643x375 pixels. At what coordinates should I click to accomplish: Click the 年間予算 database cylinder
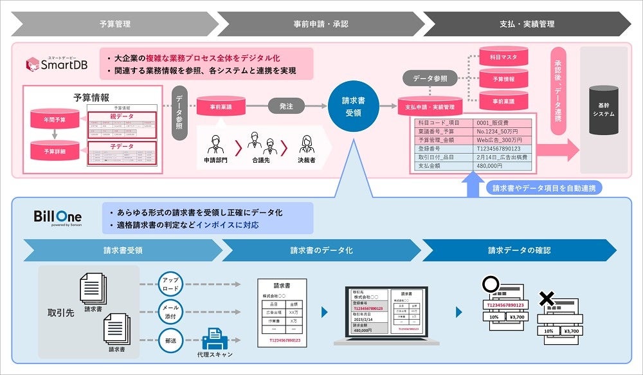[54, 120]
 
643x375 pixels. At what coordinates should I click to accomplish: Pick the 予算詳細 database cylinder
[54, 151]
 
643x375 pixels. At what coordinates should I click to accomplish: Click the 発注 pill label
[287, 106]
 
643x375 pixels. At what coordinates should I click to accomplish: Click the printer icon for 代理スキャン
[214, 337]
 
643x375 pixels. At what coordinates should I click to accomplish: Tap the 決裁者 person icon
[307, 143]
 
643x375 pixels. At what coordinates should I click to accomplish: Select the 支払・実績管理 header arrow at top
[526, 24]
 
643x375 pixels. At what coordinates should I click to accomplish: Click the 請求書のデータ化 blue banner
[321, 250]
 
